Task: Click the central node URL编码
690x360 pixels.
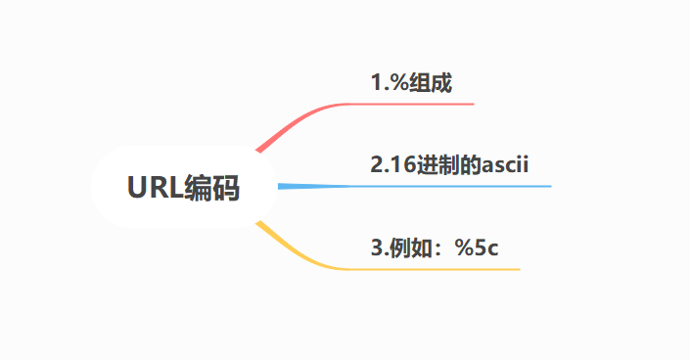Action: [183, 187]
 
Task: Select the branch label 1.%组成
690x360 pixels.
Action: [411, 83]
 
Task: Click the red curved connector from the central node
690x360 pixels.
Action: [294, 121]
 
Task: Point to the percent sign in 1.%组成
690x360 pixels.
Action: [396, 83]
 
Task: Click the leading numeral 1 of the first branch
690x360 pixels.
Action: [376, 83]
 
